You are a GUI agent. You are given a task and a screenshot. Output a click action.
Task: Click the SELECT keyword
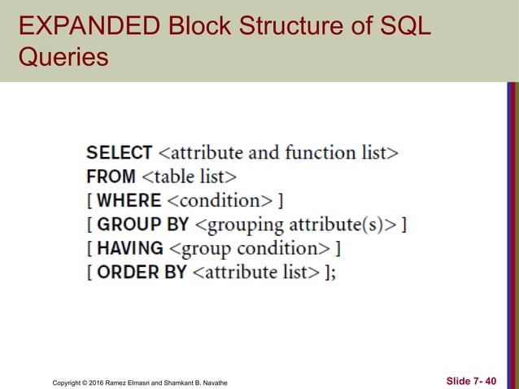tap(120, 152)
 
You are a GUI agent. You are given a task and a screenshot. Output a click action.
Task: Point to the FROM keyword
tap(111, 176)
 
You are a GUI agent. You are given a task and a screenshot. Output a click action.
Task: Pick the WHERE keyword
tap(129, 200)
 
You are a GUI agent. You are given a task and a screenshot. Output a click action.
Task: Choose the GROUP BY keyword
tap(142, 224)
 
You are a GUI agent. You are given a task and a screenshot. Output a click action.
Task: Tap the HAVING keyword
tap(130, 248)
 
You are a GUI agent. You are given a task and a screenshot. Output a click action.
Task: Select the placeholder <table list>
tap(189, 176)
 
